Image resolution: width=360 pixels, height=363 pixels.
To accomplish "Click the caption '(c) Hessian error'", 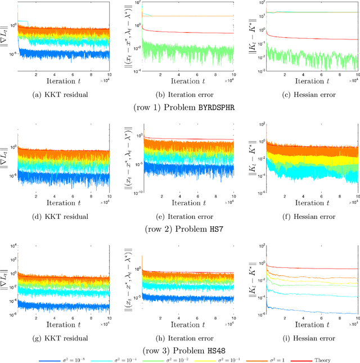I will [301, 95].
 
